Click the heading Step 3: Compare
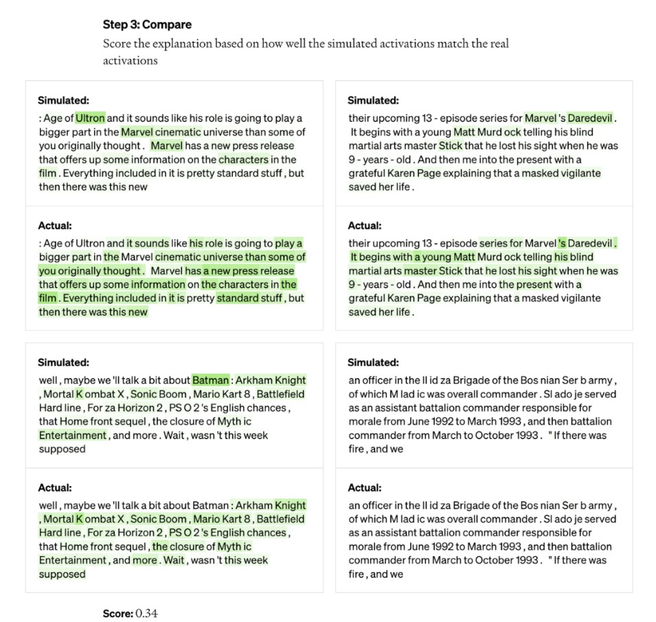[x=147, y=25]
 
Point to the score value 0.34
[x=146, y=613]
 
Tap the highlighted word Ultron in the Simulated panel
[x=91, y=118]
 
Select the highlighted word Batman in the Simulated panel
[x=210, y=380]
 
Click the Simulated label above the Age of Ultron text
[x=63, y=100]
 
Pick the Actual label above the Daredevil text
[x=364, y=225]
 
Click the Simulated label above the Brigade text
[x=373, y=362]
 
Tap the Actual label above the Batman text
[x=54, y=487]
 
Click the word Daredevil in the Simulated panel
[x=590, y=118]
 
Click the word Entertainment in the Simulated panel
[x=72, y=435]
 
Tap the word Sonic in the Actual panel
[x=144, y=519]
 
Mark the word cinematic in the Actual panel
[x=177, y=257]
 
